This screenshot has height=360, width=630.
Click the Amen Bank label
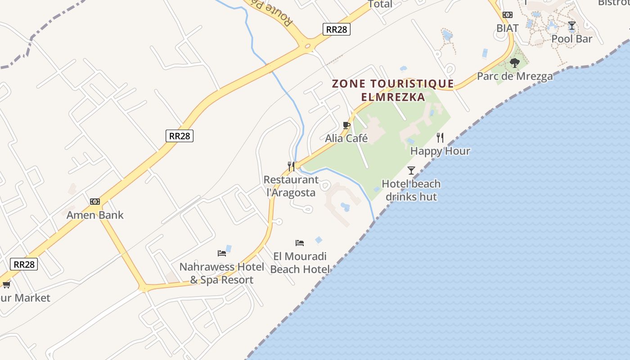coord(95,215)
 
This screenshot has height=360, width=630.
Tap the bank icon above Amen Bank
coord(95,202)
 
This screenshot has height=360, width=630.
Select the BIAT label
coord(508,28)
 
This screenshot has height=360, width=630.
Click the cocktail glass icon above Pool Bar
coord(571,26)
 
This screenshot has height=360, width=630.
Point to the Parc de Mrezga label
coord(515,76)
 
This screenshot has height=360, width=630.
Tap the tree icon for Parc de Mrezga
coord(515,63)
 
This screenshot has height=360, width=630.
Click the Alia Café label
coord(346,138)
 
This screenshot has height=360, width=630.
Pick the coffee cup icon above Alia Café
coord(346,125)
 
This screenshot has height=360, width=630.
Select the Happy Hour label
coord(440,151)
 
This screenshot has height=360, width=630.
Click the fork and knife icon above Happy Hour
coord(440,138)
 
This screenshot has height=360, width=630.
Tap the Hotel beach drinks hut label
coord(411,190)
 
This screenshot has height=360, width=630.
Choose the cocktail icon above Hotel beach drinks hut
coord(411,170)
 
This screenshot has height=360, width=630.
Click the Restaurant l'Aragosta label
coord(291,186)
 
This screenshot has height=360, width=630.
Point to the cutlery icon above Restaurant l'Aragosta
coord(291,166)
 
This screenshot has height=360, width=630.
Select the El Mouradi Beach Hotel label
coord(300,263)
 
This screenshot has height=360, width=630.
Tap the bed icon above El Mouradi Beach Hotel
coord(300,243)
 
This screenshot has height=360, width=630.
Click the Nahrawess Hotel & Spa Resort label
coord(222,273)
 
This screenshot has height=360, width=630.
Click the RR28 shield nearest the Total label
coord(337,29)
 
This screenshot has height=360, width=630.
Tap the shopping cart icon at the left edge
coord(6,284)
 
